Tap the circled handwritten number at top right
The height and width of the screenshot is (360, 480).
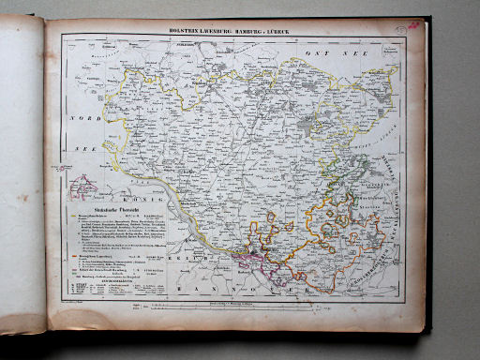tap(399, 30)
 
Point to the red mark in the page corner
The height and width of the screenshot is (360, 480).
tap(412, 26)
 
